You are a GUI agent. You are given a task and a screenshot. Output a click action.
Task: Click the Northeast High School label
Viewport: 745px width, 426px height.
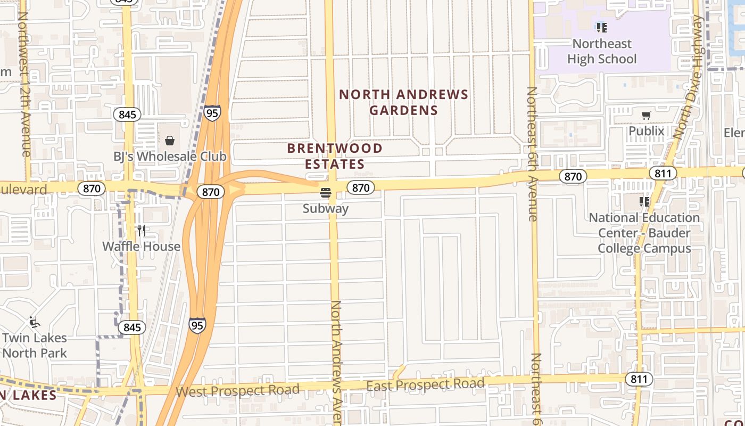pos(601,51)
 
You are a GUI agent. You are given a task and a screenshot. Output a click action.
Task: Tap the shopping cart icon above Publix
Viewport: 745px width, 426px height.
pos(647,115)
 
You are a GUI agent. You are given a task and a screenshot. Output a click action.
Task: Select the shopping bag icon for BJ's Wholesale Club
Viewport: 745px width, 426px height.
pos(170,141)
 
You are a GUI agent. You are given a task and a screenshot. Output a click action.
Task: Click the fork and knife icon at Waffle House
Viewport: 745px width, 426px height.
pos(141,230)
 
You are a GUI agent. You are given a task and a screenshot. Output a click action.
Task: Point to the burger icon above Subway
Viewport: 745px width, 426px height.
pos(326,192)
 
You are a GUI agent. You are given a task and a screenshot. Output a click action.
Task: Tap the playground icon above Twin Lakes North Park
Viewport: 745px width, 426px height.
pos(34,322)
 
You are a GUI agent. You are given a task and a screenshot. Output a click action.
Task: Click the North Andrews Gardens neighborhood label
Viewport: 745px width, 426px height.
pos(403,102)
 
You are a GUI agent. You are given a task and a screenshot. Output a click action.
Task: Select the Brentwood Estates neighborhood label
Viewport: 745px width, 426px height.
pos(335,156)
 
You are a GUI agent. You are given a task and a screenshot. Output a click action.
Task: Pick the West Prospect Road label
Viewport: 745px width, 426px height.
pos(237,391)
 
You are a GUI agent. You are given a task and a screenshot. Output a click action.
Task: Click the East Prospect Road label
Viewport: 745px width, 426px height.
pos(425,384)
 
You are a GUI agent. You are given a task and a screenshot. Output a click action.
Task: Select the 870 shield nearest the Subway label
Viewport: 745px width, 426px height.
pos(361,187)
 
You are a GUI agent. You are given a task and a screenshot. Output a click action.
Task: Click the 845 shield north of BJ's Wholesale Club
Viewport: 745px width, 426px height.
pos(128,114)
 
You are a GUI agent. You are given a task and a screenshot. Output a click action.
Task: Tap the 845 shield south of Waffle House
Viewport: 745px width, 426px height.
pos(132,327)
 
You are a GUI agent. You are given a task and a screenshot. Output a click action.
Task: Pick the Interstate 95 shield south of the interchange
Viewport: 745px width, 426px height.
pos(197,325)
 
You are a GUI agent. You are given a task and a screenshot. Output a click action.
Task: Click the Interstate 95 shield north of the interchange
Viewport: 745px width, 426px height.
pos(212,113)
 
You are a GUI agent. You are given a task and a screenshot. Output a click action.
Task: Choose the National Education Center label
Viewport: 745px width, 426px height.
pos(644,233)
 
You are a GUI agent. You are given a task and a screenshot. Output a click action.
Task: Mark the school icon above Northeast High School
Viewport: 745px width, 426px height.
pos(601,27)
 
